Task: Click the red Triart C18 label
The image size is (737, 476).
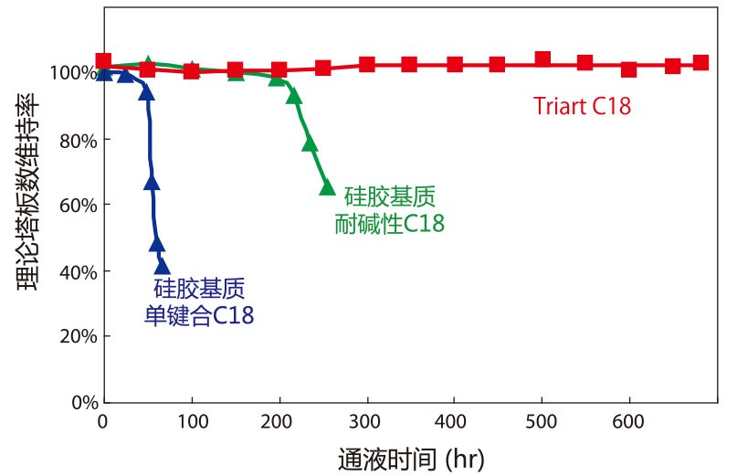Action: pyautogui.click(x=582, y=106)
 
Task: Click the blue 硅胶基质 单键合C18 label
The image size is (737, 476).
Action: pyautogui.click(x=199, y=303)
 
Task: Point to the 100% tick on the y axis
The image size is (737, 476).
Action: pyautogui.click(x=73, y=72)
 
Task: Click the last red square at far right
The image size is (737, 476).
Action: pyautogui.click(x=700, y=63)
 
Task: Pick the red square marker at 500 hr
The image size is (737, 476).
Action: pyautogui.click(x=542, y=59)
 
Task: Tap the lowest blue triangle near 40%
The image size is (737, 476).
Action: pyautogui.click(x=162, y=267)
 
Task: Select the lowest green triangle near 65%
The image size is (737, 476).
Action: pyautogui.click(x=327, y=187)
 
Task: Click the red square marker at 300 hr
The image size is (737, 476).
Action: pyautogui.click(x=367, y=64)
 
